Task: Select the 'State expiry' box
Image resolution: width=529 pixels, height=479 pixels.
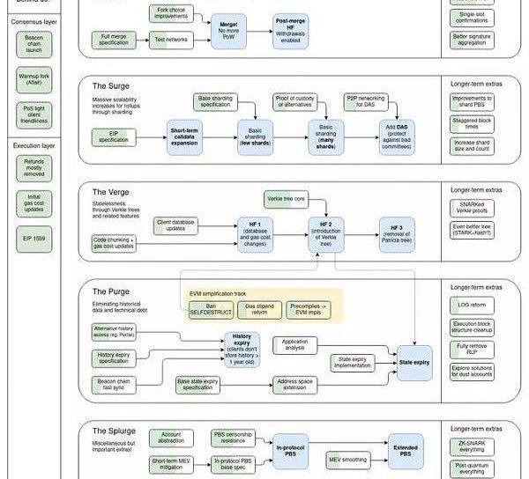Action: pyautogui.click(x=414, y=361)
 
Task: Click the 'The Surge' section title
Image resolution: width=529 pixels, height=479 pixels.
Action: pyautogui.click(x=111, y=86)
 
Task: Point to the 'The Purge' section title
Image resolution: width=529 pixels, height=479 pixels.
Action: pyautogui.click(x=111, y=290)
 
